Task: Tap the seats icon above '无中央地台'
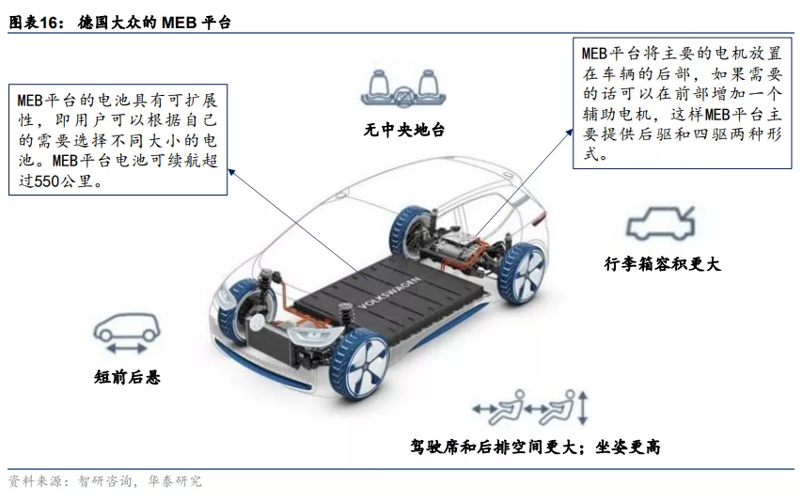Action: tap(403, 88)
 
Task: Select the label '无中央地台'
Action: tap(403, 130)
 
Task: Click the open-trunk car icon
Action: tap(660, 223)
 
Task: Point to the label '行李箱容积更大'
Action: tap(662, 264)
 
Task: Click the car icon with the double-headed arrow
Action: tap(126, 333)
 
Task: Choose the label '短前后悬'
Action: tap(127, 377)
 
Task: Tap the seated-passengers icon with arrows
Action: tap(530, 407)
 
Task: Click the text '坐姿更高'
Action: tap(627, 448)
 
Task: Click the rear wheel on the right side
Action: tap(521, 274)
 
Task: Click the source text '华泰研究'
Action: tap(175, 481)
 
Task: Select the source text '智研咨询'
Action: tap(105, 481)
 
